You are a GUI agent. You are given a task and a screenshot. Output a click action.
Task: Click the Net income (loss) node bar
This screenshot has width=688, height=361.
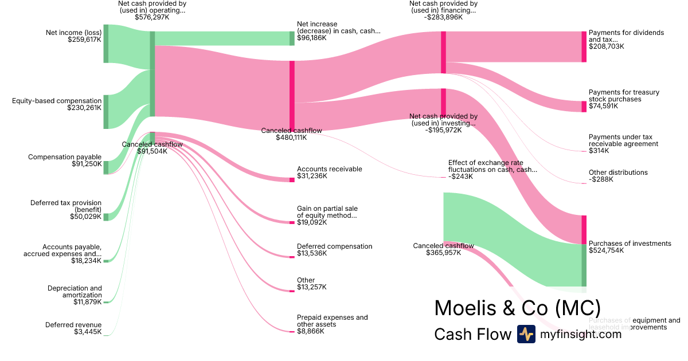tap(106, 44)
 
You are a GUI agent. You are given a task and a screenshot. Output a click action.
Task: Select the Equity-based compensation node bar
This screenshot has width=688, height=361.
tap(106, 112)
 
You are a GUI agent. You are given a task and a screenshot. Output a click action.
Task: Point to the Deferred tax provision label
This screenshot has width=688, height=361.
tap(66, 206)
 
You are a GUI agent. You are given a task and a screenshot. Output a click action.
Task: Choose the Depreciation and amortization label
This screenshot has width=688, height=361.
tap(75, 291)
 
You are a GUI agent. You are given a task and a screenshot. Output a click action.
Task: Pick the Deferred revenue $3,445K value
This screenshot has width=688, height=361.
tap(88, 332)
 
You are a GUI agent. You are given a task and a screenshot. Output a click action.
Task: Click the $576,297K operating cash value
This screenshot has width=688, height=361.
tap(153, 17)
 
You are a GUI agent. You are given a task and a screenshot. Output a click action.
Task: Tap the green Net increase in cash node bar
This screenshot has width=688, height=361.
tap(292, 38)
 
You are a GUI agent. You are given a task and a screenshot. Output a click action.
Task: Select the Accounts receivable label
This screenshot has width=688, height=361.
tap(329, 169)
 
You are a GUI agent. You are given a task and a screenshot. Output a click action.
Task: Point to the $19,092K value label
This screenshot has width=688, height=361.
tap(312, 222)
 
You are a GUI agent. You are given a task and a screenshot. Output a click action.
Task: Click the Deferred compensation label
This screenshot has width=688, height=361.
tap(334, 246)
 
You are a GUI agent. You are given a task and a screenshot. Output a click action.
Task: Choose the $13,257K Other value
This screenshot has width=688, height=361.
tap(312, 287)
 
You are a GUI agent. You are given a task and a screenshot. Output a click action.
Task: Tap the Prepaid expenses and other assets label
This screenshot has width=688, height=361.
tap(332, 321)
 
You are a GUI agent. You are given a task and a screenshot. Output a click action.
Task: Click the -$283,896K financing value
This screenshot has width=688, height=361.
tap(443, 17)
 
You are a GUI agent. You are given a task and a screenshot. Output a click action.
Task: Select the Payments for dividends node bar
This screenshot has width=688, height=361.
tap(584, 46)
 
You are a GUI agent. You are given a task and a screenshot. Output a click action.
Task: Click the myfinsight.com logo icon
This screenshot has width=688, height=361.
tap(526, 334)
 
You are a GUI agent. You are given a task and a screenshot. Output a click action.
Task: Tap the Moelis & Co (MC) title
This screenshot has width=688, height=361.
tap(517, 308)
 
